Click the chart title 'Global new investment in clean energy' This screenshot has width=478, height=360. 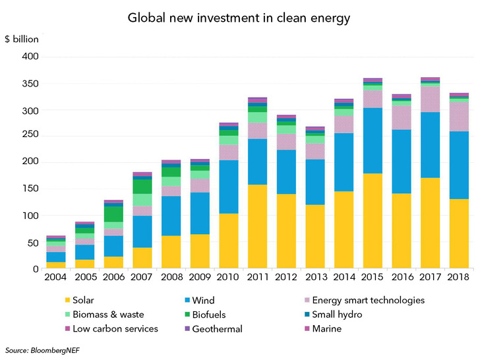[238, 18]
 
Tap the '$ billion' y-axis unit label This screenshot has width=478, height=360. [22, 39]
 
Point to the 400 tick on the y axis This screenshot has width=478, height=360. [30, 57]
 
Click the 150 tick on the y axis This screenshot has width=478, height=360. [30, 189]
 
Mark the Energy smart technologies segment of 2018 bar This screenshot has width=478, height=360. [459, 116]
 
